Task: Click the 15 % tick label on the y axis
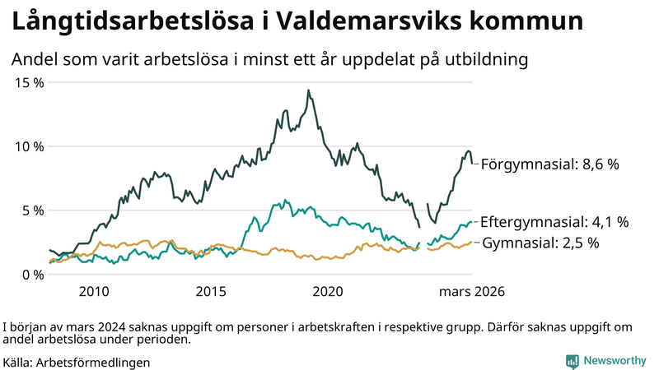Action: (29, 82)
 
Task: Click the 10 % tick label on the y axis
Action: (29, 146)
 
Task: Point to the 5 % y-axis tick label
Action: (32, 210)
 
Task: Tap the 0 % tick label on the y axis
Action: (32, 275)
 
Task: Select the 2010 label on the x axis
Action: (93, 292)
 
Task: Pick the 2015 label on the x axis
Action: (211, 292)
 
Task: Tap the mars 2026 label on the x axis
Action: (471, 292)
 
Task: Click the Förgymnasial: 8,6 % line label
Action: (549, 164)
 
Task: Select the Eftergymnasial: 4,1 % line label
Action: (554, 222)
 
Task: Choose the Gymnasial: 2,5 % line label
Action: (540, 243)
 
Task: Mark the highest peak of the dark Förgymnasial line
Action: (308, 90)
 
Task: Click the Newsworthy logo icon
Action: (572, 361)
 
